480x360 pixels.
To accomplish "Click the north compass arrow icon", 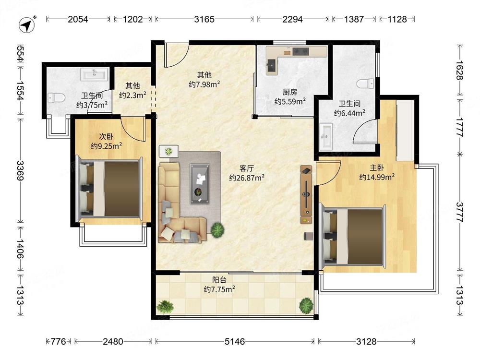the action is pyautogui.click(x=27, y=24).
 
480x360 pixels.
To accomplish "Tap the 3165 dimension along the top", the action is pyautogui.click(x=204, y=19).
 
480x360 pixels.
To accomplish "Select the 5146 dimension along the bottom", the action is pyautogui.click(x=235, y=341).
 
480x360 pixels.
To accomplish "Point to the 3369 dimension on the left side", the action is pyautogui.click(x=20, y=171).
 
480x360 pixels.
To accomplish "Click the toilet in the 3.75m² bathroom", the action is pyautogui.click(x=57, y=98).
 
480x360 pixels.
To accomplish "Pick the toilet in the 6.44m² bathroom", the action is pyautogui.click(x=365, y=83).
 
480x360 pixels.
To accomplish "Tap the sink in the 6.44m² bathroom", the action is pyautogui.click(x=326, y=136).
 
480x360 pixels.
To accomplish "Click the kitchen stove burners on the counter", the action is pyautogui.click(x=300, y=51).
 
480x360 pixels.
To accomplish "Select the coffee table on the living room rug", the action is pyautogui.click(x=200, y=183).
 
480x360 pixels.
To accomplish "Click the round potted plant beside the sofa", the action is pyautogui.click(x=217, y=229).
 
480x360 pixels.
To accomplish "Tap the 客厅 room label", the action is pyautogui.click(x=247, y=168).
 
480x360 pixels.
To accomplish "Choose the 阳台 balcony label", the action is pyautogui.click(x=219, y=279).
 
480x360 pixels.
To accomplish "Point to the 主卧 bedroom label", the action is pyautogui.click(x=376, y=168).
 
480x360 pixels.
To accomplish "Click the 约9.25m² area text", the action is pyautogui.click(x=106, y=146).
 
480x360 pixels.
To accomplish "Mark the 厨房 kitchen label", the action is pyautogui.click(x=289, y=92).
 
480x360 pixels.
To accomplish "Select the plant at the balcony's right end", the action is pyautogui.click(x=306, y=305).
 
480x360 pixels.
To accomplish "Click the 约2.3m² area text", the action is pyautogui.click(x=132, y=95).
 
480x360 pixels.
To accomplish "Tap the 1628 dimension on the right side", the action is pyautogui.click(x=460, y=70).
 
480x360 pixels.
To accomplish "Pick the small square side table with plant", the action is pyautogui.click(x=168, y=151).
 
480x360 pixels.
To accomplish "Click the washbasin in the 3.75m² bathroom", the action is pyautogui.click(x=95, y=74).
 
